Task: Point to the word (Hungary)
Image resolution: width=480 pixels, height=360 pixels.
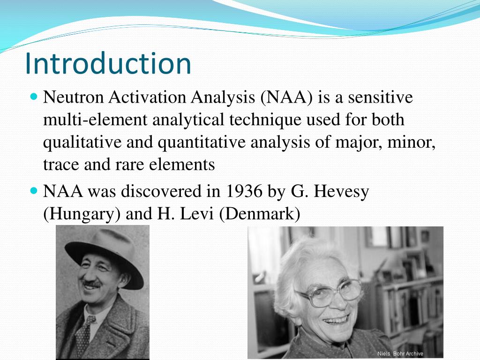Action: coord(82,214)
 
